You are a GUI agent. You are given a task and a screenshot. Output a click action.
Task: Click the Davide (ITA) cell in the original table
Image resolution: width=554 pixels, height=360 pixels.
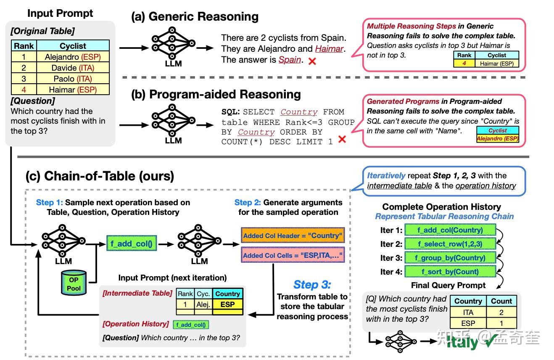(x=73, y=68)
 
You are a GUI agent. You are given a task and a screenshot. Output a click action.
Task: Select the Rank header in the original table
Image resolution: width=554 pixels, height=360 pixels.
(x=24, y=46)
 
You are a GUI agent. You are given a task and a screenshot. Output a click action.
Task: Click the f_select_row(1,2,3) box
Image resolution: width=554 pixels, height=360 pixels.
(x=450, y=244)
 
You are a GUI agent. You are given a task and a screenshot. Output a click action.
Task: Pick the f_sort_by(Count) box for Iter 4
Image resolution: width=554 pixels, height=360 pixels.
(x=450, y=272)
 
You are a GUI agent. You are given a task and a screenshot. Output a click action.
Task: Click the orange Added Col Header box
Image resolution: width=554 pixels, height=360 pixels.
(x=293, y=236)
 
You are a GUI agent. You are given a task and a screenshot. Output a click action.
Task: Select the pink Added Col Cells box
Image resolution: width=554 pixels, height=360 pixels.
(x=293, y=256)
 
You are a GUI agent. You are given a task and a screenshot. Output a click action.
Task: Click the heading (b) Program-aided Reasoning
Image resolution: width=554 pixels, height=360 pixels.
(x=216, y=94)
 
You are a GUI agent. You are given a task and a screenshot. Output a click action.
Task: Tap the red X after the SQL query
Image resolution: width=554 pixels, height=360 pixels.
(x=342, y=139)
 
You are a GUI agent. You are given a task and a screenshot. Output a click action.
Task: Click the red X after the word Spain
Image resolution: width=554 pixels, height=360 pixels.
(x=312, y=61)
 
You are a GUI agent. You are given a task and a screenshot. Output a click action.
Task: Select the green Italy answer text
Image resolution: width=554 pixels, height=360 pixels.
(x=462, y=343)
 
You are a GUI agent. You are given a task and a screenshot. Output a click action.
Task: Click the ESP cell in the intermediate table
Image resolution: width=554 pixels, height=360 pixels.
(x=227, y=304)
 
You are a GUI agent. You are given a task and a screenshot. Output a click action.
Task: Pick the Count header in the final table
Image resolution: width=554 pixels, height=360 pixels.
(x=501, y=301)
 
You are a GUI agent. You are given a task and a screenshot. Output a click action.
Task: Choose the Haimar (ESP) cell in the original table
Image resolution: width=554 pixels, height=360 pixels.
(x=73, y=90)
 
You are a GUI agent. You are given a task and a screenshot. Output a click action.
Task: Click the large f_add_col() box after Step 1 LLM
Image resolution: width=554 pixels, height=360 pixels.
(x=132, y=244)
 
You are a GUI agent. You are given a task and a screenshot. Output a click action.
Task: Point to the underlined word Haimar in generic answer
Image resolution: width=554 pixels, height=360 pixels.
(x=330, y=49)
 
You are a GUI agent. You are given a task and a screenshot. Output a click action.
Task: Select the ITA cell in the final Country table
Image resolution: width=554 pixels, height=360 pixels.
(x=468, y=312)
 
